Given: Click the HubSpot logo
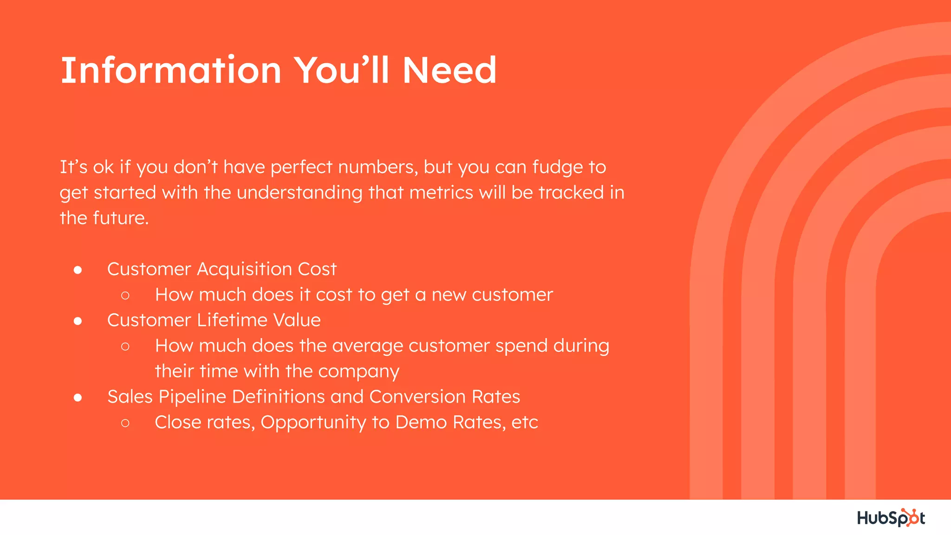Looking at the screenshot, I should click(891, 517).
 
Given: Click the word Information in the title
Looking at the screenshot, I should click(171, 70).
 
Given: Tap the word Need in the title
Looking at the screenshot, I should click(449, 70).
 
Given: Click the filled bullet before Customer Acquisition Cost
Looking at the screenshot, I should click(78, 270).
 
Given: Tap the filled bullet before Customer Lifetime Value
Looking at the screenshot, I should click(78, 321).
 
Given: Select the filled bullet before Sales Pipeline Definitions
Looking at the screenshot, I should click(78, 398).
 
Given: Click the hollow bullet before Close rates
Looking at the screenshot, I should click(125, 423).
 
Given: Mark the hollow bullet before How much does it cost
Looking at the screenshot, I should click(125, 295).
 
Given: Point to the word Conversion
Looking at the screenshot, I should click(417, 397).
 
